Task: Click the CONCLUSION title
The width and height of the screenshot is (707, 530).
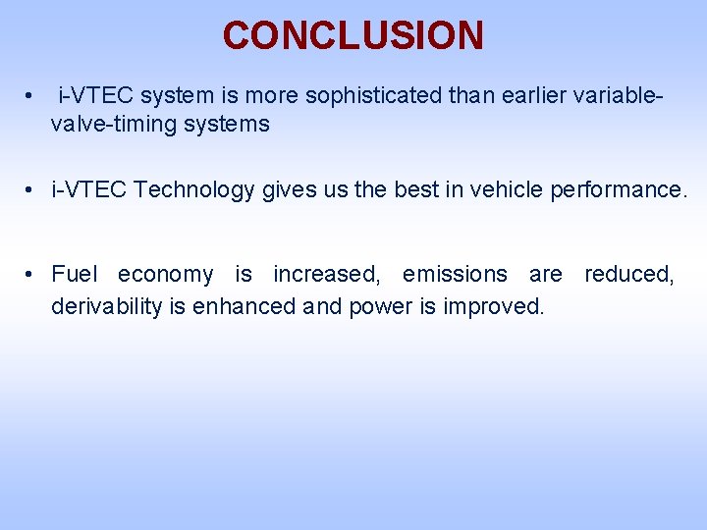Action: click(353, 35)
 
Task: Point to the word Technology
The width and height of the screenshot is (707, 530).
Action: click(193, 189)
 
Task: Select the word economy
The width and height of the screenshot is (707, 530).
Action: click(165, 275)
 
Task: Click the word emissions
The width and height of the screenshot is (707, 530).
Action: click(455, 275)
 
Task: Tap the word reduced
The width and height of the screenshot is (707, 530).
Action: click(629, 275)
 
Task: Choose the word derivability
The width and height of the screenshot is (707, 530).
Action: click(107, 307)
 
